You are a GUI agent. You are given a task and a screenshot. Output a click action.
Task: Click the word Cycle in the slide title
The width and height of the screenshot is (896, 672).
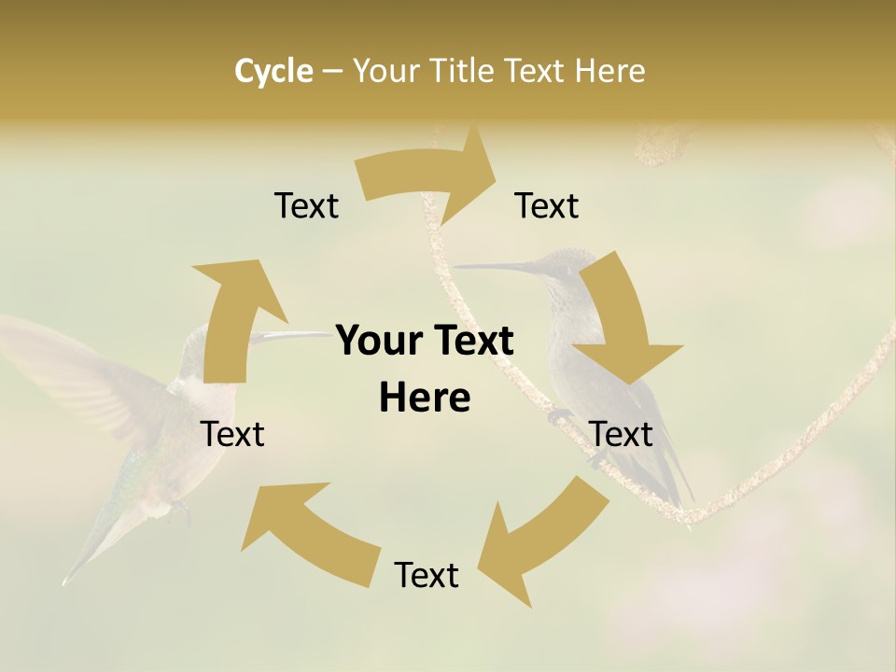(x=273, y=71)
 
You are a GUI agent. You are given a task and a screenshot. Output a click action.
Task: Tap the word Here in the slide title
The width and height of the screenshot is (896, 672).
(x=609, y=71)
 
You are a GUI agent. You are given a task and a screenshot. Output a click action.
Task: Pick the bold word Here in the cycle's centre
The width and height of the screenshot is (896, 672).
(x=425, y=399)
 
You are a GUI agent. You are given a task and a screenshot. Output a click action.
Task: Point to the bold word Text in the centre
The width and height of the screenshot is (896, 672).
(x=471, y=342)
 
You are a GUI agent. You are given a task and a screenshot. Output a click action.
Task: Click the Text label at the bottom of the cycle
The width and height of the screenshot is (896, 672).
(x=427, y=576)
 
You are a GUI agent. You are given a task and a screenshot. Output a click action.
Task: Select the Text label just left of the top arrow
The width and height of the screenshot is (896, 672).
(x=306, y=206)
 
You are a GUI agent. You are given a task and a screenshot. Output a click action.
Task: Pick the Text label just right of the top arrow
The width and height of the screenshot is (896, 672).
(x=547, y=206)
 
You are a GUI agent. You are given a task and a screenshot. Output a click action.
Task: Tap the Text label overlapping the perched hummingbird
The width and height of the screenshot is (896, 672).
(x=622, y=434)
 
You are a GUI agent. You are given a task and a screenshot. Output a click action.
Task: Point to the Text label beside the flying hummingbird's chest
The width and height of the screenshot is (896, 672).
(x=233, y=434)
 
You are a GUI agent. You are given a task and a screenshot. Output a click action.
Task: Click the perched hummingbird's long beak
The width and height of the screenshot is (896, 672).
(x=495, y=268)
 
